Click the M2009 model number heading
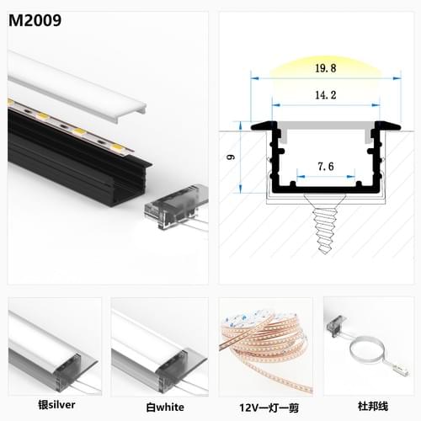tap(35, 20)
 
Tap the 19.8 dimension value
tap(326, 68)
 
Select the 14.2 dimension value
tap(326, 95)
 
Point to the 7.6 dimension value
tap(326, 167)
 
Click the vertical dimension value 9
tap(231, 157)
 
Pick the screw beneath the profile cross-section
tap(325, 223)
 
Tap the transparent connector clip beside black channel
tap(176, 205)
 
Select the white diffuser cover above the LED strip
tap(76, 86)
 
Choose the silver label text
tap(56, 405)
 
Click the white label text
tap(165, 408)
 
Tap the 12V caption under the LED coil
tap(269, 408)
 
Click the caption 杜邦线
tap(373, 406)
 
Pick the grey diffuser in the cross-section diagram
tap(326, 125)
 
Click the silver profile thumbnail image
tap(55, 347)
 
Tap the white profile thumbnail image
tap(160, 347)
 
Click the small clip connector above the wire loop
tap(336, 325)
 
